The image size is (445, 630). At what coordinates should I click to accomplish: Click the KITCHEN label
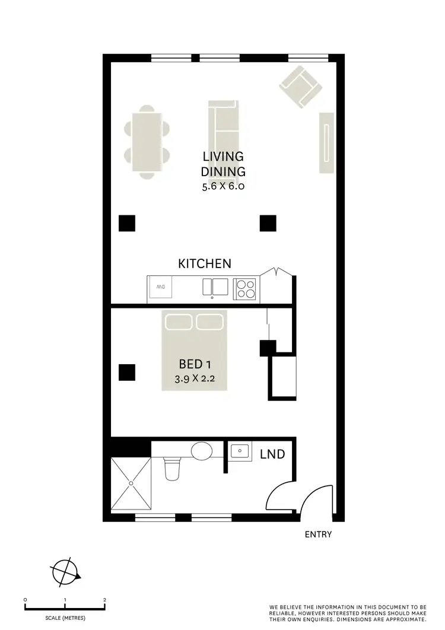205,264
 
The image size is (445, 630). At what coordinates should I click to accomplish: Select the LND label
272,454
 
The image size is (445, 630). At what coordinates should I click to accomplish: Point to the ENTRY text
318,534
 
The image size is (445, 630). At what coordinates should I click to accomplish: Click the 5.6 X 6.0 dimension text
223,186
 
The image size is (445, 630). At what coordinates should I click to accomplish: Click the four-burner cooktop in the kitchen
245,288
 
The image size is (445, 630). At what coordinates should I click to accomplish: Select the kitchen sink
215,287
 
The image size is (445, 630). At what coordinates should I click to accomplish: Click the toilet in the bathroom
171,469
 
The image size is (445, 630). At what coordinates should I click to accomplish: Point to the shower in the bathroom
131,482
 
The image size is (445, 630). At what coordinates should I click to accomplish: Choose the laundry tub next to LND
240,453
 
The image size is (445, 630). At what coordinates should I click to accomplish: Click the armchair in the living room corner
300,87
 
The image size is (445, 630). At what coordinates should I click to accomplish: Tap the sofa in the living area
223,127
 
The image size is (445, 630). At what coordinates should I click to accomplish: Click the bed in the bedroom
194,349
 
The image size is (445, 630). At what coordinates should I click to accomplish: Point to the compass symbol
65,572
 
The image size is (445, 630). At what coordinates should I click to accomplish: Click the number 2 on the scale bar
104,600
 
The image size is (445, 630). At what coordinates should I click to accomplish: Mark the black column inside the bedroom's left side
127,372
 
